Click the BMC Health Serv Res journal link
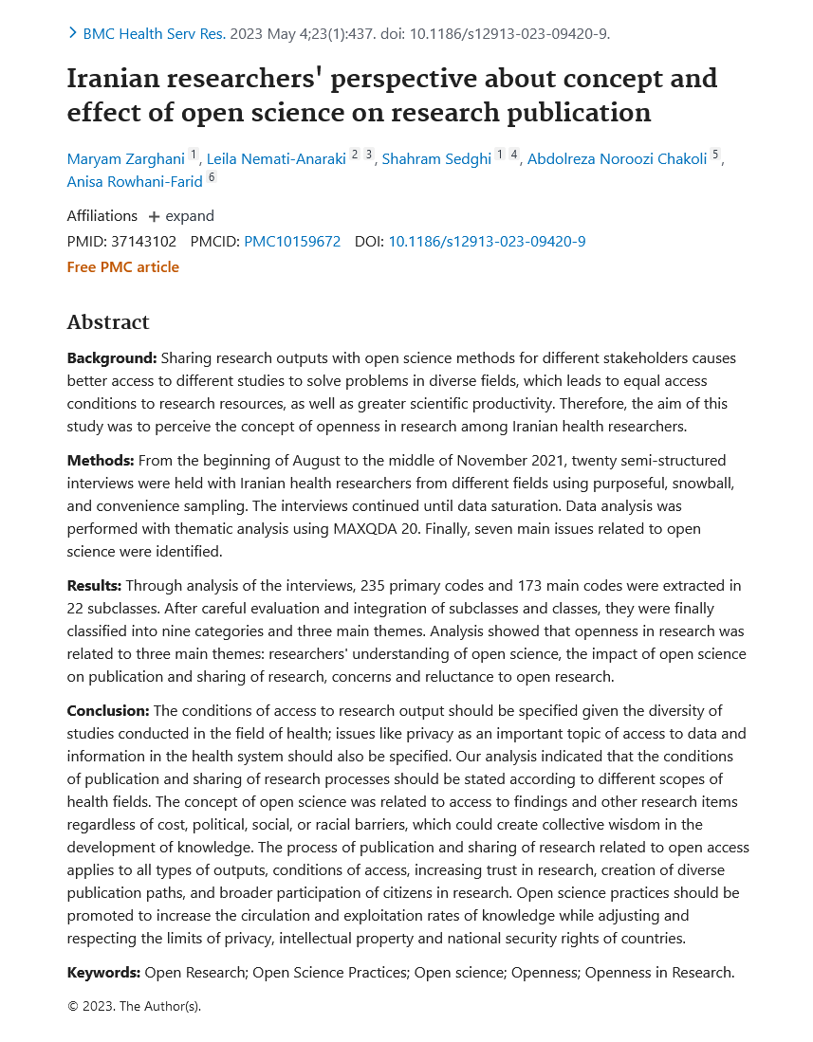154,34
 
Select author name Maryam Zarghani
125,158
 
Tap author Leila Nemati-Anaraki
276,158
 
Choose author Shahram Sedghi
436,158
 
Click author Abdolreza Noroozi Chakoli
617,158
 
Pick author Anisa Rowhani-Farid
135,181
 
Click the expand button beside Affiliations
181,216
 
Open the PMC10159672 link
292,242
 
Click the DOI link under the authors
487,242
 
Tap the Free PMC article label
122,267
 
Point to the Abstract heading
108,322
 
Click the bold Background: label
111,358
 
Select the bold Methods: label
101,461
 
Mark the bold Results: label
94,586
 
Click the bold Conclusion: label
108,711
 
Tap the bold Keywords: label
103,973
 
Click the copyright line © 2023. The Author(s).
134,1007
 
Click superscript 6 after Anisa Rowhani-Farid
212,178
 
